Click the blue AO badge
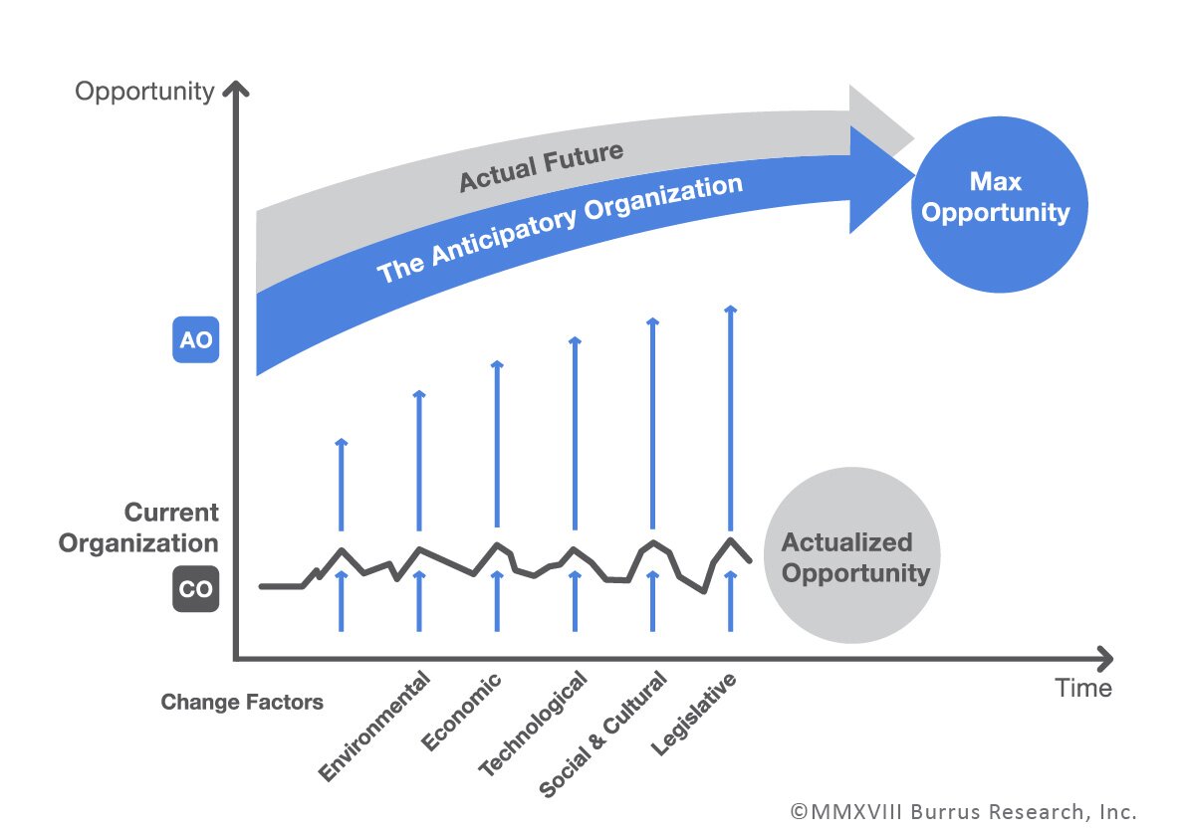(x=195, y=339)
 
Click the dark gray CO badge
(x=195, y=589)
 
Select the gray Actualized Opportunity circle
(x=851, y=557)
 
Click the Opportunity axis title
(x=144, y=92)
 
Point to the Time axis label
(x=1084, y=688)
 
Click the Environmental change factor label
(x=375, y=728)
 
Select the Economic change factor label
(x=461, y=714)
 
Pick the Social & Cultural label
(x=602, y=734)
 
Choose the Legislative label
(x=694, y=715)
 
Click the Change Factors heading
(x=242, y=703)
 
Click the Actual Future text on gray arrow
(x=541, y=167)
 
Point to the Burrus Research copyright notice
(x=963, y=811)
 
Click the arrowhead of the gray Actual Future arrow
(x=880, y=123)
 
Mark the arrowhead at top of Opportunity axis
(x=235, y=92)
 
